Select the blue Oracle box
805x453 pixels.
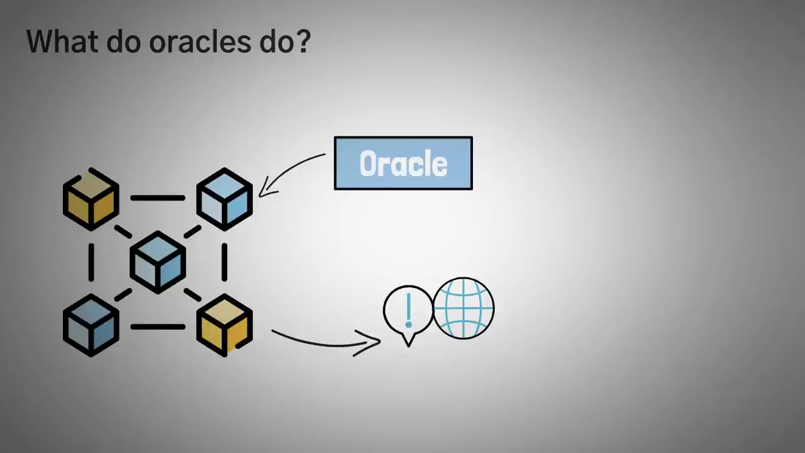[x=403, y=163]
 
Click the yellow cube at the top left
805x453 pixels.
[x=91, y=199]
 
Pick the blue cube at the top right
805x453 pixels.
[x=225, y=199]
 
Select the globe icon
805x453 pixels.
[x=464, y=309]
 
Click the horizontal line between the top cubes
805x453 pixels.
[x=158, y=198]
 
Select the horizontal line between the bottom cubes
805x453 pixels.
[x=158, y=327]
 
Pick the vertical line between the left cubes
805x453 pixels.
[x=91, y=262]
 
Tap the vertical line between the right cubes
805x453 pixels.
[x=225, y=262]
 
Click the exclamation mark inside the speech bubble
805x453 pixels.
[x=409, y=310]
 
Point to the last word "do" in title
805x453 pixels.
[x=277, y=42]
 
